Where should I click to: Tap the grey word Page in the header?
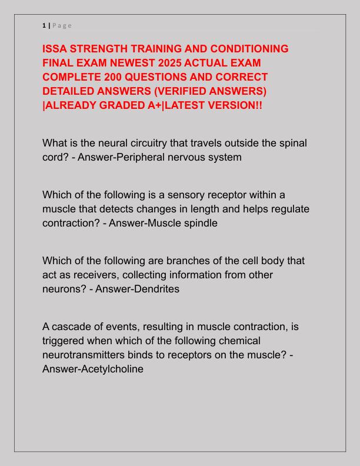[62, 25]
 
